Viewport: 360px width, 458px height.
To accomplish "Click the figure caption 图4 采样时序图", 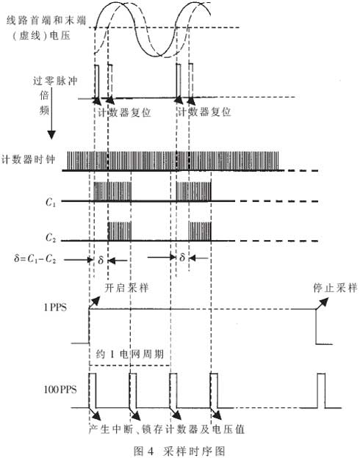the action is pyautogui.click(x=179, y=451).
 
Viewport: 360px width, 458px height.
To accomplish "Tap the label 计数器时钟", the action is pyautogui.click(x=28, y=159).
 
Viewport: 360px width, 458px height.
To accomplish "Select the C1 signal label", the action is pyautogui.click(x=51, y=202).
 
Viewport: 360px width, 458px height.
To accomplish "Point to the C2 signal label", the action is pyautogui.click(x=51, y=238).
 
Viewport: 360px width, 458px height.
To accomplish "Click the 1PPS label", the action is pyautogui.click(x=55, y=308).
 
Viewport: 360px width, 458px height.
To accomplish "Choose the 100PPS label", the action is pyautogui.click(x=60, y=389).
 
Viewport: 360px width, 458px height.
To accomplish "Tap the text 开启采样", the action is pyautogui.click(x=126, y=288).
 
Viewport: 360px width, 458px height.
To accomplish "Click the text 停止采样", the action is pyautogui.click(x=335, y=288).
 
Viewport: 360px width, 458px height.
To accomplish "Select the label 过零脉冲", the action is pyautogui.click(x=55, y=81).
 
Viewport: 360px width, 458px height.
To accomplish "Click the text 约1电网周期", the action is pyautogui.click(x=129, y=355).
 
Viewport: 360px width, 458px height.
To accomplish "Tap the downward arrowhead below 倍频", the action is pyautogui.click(x=51, y=134).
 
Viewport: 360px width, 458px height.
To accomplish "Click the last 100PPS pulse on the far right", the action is pyautogui.click(x=321, y=390).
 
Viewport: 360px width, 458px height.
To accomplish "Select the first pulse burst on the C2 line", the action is pyautogui.click(x=120, y=231).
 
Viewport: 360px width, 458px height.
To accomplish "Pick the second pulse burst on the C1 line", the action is pyautogui.click(x=193, y=192).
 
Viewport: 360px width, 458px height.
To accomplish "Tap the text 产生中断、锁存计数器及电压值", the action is pyautogui.click(x=167, y=429).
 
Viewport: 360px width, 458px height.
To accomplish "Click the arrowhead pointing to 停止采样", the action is pyautogui.click(x=324, y=301).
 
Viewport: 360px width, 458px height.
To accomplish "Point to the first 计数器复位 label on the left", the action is pyautogui.click(x=124, y=112).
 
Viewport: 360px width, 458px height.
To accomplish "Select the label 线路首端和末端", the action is pyautogui.click(x=46, y=21).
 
